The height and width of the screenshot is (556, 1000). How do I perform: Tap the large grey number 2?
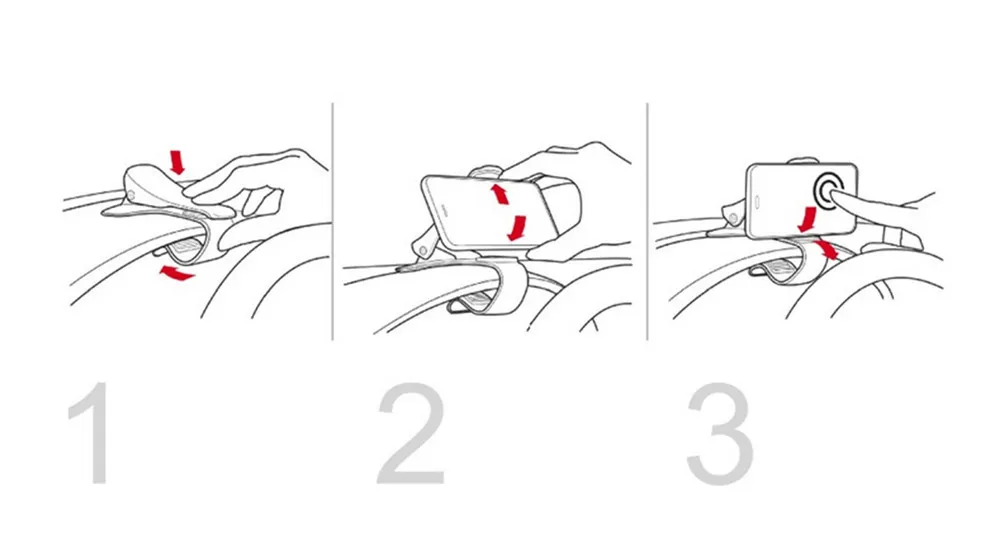pyautogui.click(x=411, y=434)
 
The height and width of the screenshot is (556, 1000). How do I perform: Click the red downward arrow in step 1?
pyautogui.click(x=177, y=162)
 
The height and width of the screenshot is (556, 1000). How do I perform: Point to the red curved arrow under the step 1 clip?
pyautogui.click(x=176, y=274)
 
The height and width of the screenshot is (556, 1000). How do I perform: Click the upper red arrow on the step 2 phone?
pyautogui.click(x=500, y=193)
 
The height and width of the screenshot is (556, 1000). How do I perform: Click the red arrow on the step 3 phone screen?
pyautogui.click(x=807, y=219)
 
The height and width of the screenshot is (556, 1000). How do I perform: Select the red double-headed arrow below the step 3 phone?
pyautogui.click(x=827, y=249)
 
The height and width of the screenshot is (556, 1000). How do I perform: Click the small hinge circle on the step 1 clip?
pyautogui.click(x=132, y=194)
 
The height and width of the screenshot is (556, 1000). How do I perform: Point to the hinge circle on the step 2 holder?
pyautogui.click(x=424, y=250)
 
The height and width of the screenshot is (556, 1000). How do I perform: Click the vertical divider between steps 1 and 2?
pyautogui.click(x=332, y=221)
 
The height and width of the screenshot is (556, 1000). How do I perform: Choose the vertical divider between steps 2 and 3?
pyautogui.click(x=647, y=221)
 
